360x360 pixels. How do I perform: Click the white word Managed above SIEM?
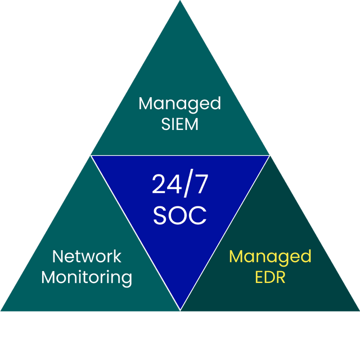point(179,105)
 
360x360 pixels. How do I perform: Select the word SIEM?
point(179,124)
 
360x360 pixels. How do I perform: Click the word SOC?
point(179,215)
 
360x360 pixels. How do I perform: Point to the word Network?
point(87,256)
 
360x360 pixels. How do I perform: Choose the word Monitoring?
point(87,277)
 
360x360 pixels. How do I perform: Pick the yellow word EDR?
point(270,277)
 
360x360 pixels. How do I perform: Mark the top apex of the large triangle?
point(180,2)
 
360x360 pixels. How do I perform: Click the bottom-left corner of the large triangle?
point(2,310)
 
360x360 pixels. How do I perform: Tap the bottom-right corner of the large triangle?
point(358,310)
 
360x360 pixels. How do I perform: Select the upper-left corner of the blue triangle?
point(92,156)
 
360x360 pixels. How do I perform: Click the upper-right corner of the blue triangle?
point(269,156)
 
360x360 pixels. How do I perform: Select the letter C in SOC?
point(197,215)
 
